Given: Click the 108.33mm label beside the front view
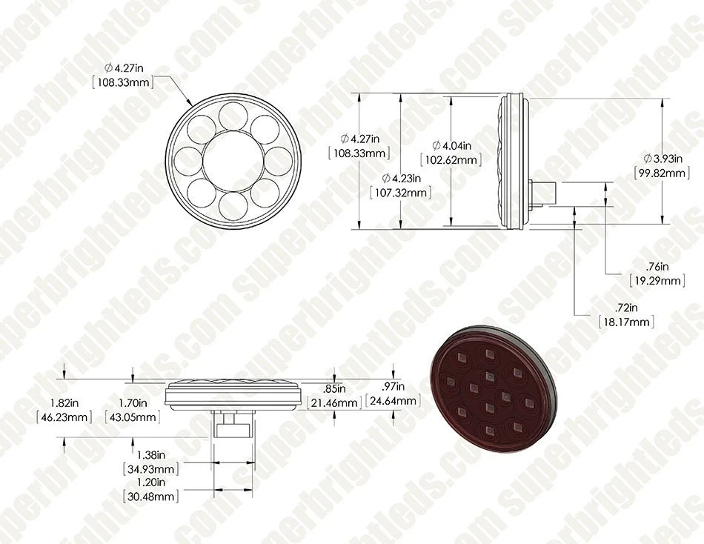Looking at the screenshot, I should point(126,82).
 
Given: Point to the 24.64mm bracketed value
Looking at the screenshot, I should point(393,402).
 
